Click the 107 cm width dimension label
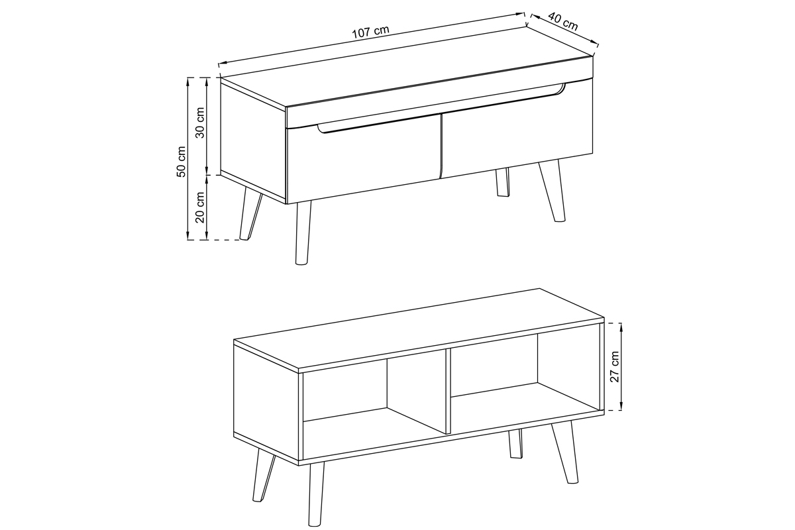point(370,32)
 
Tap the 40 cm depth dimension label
point(563,21)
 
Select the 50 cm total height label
point(181,161)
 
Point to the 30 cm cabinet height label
point(200,123)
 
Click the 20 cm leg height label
point(200,207)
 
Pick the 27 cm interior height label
point(614,367)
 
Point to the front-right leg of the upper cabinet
point(553,191)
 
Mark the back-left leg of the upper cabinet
point(250,215)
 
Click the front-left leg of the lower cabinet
point(316,494)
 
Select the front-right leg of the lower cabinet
point(564,452)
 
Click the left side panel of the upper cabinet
point(253,140)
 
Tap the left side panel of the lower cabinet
point(266,403)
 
